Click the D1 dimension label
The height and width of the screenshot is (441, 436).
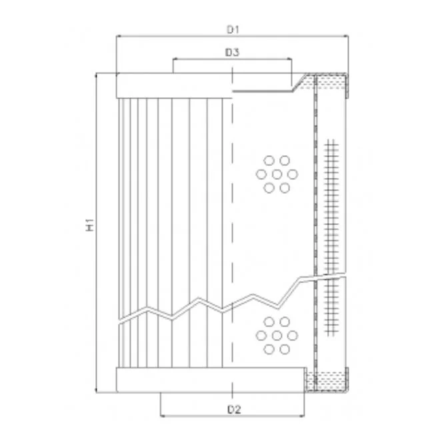(233, 29)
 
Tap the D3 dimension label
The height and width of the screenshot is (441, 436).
(232, 52)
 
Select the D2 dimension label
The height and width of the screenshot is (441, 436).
(234, 410)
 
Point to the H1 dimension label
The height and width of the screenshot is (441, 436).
(89, 224)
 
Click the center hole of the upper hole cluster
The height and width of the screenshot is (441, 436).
(277, 175)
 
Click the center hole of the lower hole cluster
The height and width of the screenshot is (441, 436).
(277, 335)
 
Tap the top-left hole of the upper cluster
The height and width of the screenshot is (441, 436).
(269, 161)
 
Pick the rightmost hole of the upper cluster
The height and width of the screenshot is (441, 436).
(293, 175)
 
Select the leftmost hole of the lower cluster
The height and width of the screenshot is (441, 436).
(261, 335)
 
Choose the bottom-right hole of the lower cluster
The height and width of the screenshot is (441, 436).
(285, 349)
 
